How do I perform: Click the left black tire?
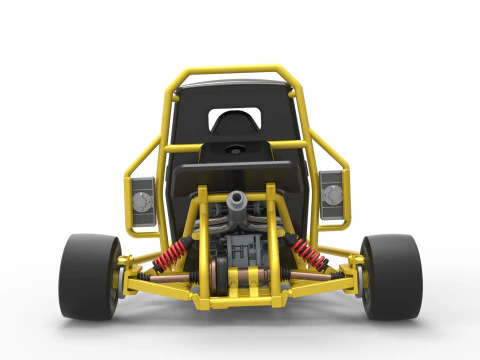[88, 277]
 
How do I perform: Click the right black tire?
[392, 277]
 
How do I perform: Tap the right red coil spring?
[309, 256]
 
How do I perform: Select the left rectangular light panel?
[143, 196]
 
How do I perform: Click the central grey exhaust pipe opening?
[238, 201]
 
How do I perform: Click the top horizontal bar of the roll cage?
[238, 72]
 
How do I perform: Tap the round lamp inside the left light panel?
[142, 202]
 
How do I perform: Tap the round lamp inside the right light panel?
[331, 197]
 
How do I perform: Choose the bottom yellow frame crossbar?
[239, 300]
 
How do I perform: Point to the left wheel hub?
[119, 279]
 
